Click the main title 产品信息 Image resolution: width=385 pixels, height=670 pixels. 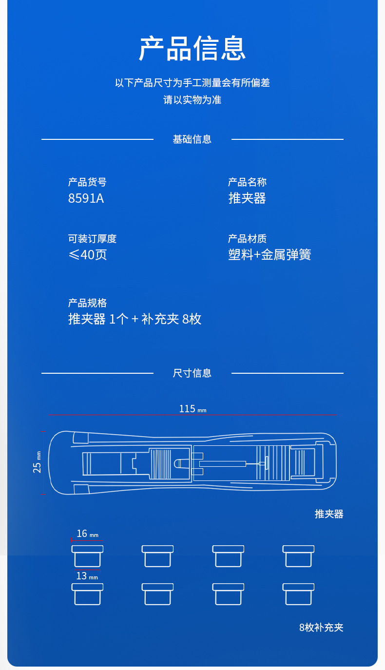[192, 48]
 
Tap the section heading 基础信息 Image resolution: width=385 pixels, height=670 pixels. [192, 139]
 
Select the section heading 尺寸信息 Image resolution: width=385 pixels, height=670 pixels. [192, 373]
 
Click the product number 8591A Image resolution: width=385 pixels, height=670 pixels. [86, 199]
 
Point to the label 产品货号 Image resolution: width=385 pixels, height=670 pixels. [87, 182]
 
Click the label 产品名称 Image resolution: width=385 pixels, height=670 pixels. [247, 182]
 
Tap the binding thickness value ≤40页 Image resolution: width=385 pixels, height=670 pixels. [88, 255]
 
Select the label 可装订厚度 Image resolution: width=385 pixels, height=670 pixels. [92, 239]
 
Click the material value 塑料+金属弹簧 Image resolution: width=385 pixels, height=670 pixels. [269, 255]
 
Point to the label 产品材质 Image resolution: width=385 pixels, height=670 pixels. [247, 239]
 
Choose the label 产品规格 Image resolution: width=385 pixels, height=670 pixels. [87, 303]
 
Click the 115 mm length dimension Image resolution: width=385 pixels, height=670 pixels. [192, 409]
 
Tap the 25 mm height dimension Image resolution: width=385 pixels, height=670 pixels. [38, 462]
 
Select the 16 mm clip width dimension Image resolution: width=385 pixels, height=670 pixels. [87, 534]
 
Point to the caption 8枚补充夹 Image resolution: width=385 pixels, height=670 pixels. [321, 628]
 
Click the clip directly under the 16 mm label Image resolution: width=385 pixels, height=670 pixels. [87, 556]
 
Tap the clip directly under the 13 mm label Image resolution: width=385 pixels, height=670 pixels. [87, 594]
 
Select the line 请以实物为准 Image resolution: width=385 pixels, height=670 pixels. [192, 100]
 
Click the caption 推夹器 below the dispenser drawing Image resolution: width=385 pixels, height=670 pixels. [329, 514]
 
